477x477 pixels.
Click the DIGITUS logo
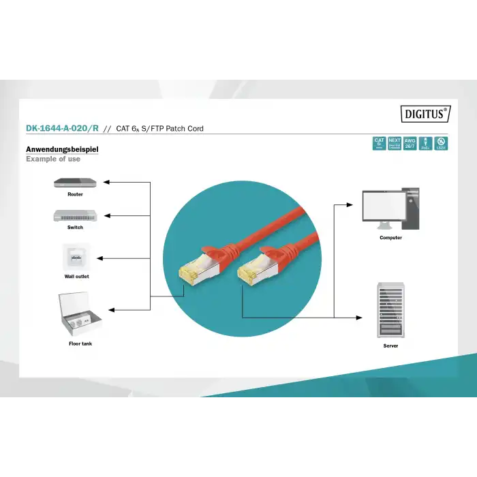click(426, 114)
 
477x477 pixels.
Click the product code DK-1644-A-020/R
click(62, 128)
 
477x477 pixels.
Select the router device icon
click(75, 183)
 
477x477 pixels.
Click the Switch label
click(75, 228)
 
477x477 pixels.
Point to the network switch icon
click(75, 215)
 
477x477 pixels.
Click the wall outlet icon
click(75, 257)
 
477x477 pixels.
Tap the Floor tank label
click(80, 344)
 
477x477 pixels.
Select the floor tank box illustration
click(80, 313)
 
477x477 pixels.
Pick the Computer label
click(390, 238)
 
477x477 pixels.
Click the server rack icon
click(390, 310)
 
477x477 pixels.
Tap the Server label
click(390, 346)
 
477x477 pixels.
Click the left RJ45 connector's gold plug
click(186, 273)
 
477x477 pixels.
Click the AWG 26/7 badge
click(410, 144)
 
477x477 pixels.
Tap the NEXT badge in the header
click(395, 144)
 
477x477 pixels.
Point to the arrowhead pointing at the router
click(106, 183)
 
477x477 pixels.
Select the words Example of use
click(53, 159)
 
